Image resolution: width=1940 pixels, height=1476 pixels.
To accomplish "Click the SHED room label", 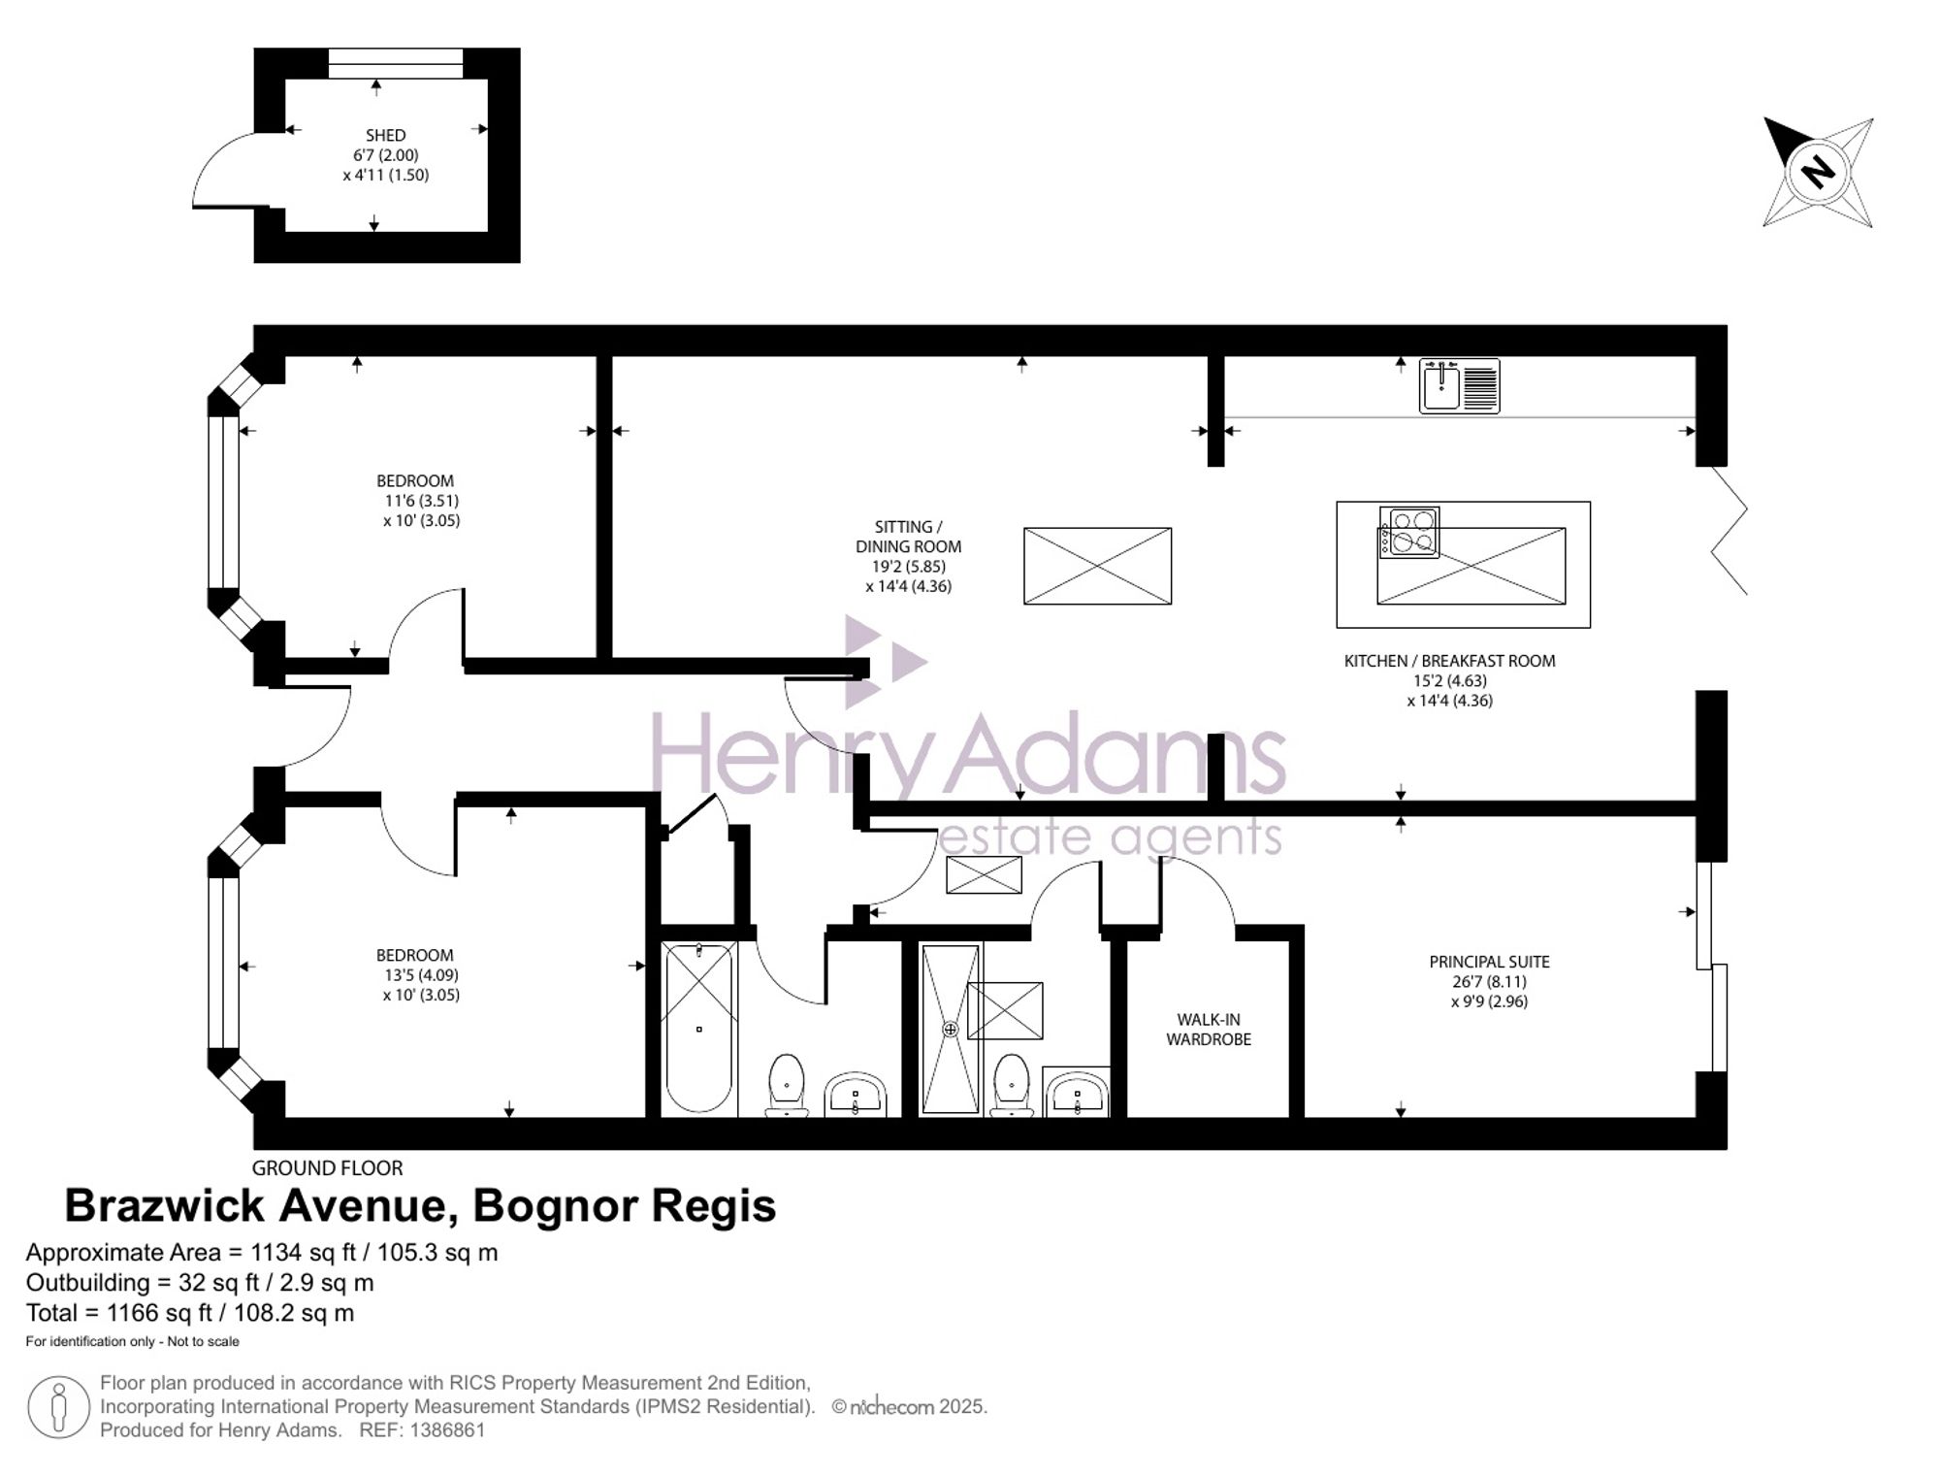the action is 385,135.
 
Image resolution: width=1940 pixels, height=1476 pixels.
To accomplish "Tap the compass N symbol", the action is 1817,173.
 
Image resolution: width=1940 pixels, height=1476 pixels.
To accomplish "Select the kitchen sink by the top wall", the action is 1459,385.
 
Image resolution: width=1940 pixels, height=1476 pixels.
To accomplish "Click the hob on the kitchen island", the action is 1410,533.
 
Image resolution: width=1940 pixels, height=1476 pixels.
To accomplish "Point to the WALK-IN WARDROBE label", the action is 1209,1029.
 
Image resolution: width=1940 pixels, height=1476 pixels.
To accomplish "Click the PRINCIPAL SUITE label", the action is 1489,962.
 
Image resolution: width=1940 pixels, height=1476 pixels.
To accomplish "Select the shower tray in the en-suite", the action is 951,1029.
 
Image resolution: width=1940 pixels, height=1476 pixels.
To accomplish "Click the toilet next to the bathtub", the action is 787,1085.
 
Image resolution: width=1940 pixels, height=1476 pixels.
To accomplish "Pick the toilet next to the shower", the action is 1012,1085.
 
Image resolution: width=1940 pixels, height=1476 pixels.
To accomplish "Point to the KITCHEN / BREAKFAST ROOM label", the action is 1449,661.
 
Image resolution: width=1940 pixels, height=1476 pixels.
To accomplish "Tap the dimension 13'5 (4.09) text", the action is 422,975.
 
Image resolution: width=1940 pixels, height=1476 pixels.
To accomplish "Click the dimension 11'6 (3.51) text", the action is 422,501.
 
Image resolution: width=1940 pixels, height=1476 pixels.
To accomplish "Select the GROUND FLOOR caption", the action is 327,1168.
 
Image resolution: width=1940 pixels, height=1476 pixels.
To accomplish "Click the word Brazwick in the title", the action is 164,1206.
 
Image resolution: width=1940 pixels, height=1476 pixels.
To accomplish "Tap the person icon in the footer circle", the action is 59,1407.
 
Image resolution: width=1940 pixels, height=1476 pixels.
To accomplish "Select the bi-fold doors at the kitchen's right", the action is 1729,531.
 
